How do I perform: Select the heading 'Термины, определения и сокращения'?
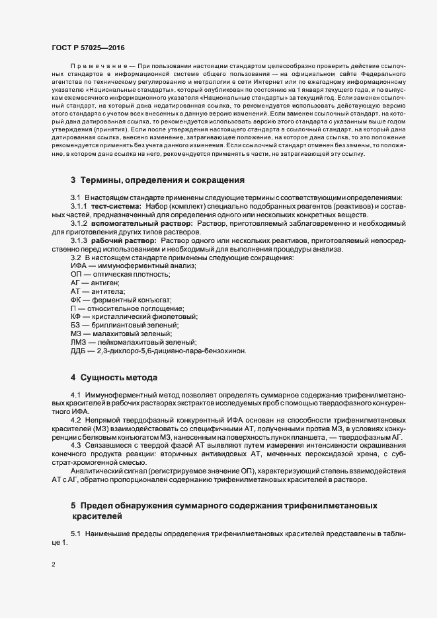coord(163,180)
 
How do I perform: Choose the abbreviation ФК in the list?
coord(76,300)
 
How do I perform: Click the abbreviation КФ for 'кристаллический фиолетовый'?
coord(76,317)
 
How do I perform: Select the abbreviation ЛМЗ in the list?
coord(79,343)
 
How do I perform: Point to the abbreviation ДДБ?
coord(78,351)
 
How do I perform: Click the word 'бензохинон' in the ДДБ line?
coord(225,351)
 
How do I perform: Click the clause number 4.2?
coord(75,420)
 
